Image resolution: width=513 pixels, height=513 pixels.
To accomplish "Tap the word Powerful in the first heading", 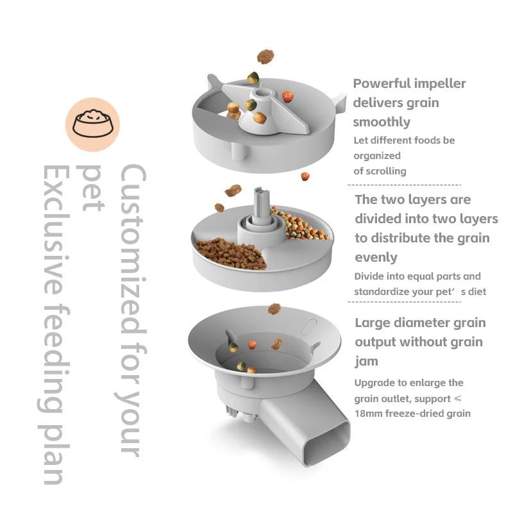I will (x=383, y=83).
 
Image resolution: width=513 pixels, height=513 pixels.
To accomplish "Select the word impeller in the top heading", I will (x=441, y=83).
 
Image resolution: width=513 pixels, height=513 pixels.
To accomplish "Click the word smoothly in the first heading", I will (x=382, y=122).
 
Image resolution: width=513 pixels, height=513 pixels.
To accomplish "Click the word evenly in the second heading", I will (x=376, y=257).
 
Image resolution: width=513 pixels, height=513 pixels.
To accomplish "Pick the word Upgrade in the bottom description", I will (x=376, y=383).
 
